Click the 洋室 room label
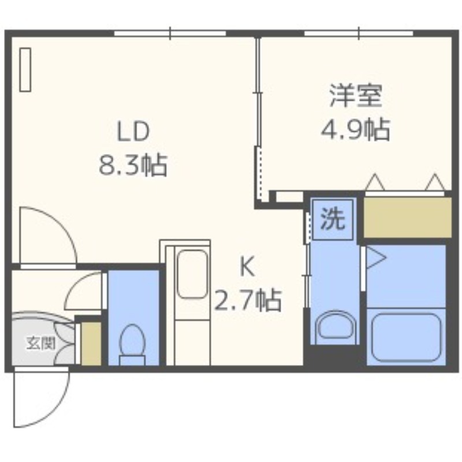356,96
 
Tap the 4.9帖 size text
356,129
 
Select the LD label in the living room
133,132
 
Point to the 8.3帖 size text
133,165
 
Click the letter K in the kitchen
248,267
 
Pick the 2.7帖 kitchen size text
248,300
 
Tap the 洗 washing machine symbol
333,219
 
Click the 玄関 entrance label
41,343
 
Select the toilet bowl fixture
132,345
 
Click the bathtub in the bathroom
406,337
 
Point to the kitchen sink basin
192,274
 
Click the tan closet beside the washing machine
408,218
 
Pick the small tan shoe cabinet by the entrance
91,344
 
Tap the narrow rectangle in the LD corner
25,70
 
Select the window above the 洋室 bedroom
359,33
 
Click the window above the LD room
170,33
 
